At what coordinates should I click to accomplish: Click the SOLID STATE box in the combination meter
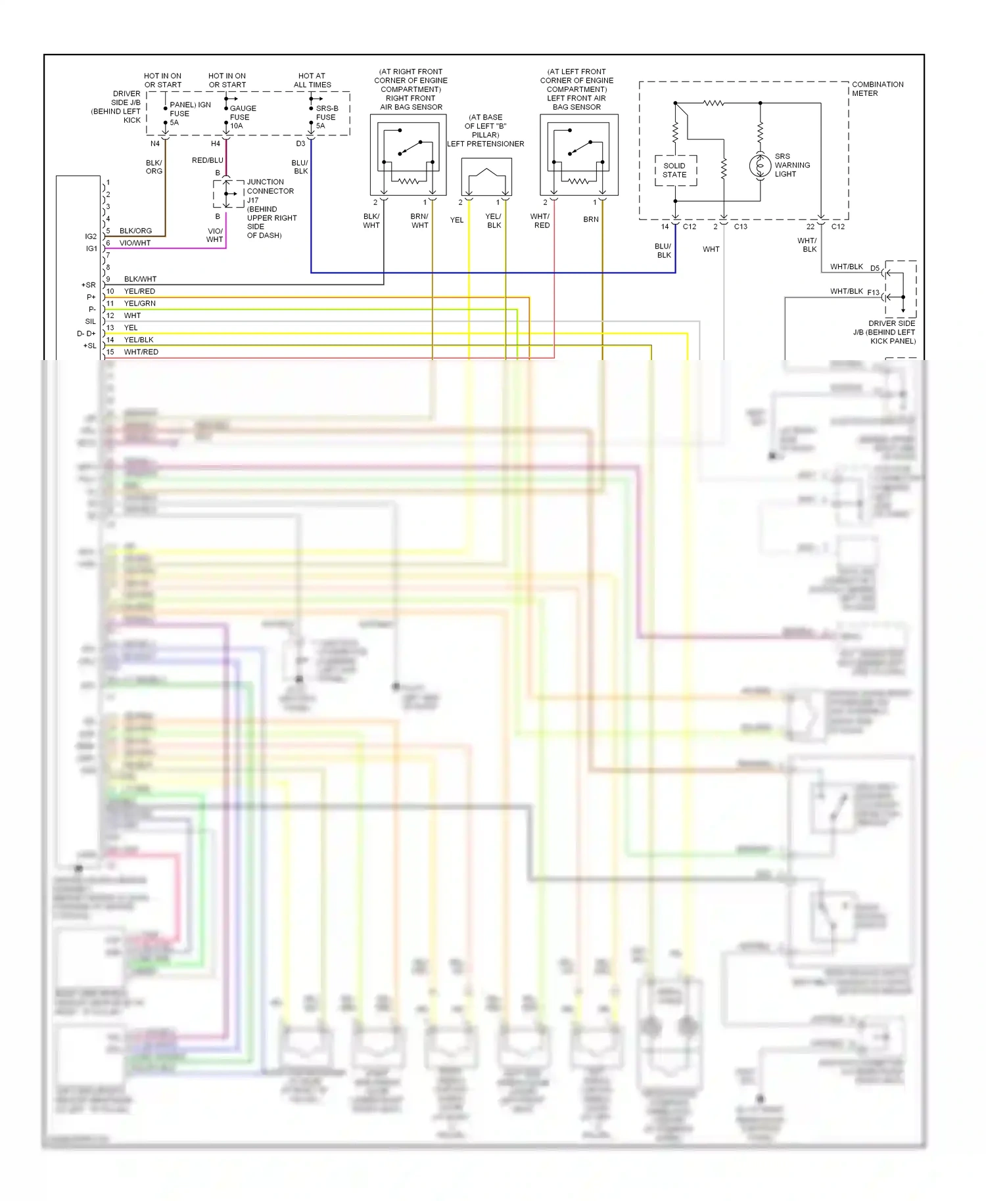tap(675, 170)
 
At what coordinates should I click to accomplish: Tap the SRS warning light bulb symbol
tap(760, 166)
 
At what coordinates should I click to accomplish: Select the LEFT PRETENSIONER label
tap(486, 144)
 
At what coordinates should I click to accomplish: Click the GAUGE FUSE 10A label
tap(243, 117)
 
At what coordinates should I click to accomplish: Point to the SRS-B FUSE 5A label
tap(326, 117)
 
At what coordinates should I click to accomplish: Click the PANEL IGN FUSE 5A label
tap(189, 113)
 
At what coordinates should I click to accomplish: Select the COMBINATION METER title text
tap(877, 89)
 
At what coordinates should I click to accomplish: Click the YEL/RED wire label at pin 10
tap(139, 291)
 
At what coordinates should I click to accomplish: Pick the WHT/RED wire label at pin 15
tap(141, 352)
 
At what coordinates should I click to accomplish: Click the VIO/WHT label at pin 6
tap(135, 243)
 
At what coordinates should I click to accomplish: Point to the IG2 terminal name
tap(91, 237)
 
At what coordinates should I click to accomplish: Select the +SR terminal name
tap(88, 285)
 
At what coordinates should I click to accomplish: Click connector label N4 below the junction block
tap(155, 144)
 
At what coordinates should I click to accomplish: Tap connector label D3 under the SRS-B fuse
tap(300, 144)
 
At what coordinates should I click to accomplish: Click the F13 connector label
tap(873, 292)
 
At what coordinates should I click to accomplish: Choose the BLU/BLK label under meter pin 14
tap(663, 250)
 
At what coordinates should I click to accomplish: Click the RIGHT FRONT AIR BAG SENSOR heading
tap(411, 102)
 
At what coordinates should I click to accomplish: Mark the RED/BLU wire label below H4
tap(207, 160)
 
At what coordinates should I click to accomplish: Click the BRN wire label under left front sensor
tap(591, 219)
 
